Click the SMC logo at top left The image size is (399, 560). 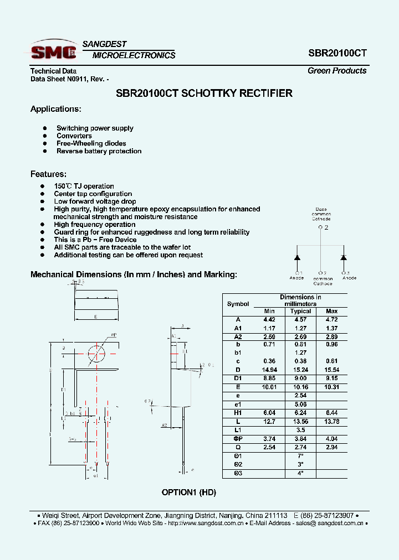54,51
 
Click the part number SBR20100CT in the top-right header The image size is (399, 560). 337,54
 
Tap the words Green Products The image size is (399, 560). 337,71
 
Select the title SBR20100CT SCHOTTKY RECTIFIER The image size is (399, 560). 204,94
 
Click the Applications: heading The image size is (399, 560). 55,109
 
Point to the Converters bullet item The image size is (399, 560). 74,136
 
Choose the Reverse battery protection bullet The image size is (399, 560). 99,151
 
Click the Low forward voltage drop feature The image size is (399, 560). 95,202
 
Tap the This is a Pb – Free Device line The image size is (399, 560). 95,240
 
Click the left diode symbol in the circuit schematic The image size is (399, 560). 297,257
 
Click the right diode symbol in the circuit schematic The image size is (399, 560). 344,257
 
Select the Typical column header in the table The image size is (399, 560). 301,312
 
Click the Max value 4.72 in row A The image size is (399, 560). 331,320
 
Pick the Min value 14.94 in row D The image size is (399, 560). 269,370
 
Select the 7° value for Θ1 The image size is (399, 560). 301,455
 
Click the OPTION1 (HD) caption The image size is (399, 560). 189,492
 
